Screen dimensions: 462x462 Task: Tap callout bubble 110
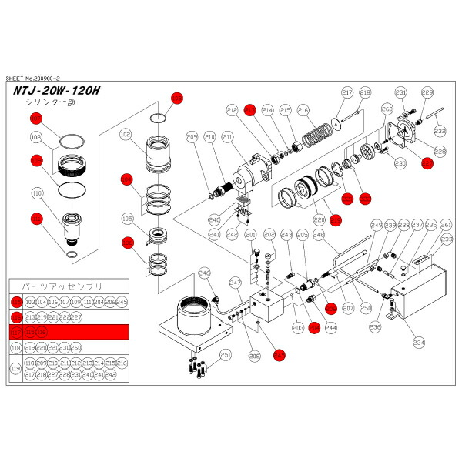coord(35,193)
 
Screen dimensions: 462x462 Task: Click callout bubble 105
coord(126,219)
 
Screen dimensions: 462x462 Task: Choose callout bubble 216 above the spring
coord(303,111)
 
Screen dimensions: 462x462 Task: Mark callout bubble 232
coord(440,131)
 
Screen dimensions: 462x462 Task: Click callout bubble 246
coord(204,272)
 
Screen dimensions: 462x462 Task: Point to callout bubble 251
coord(225,355)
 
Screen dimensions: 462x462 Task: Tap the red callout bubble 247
coord(279,354)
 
